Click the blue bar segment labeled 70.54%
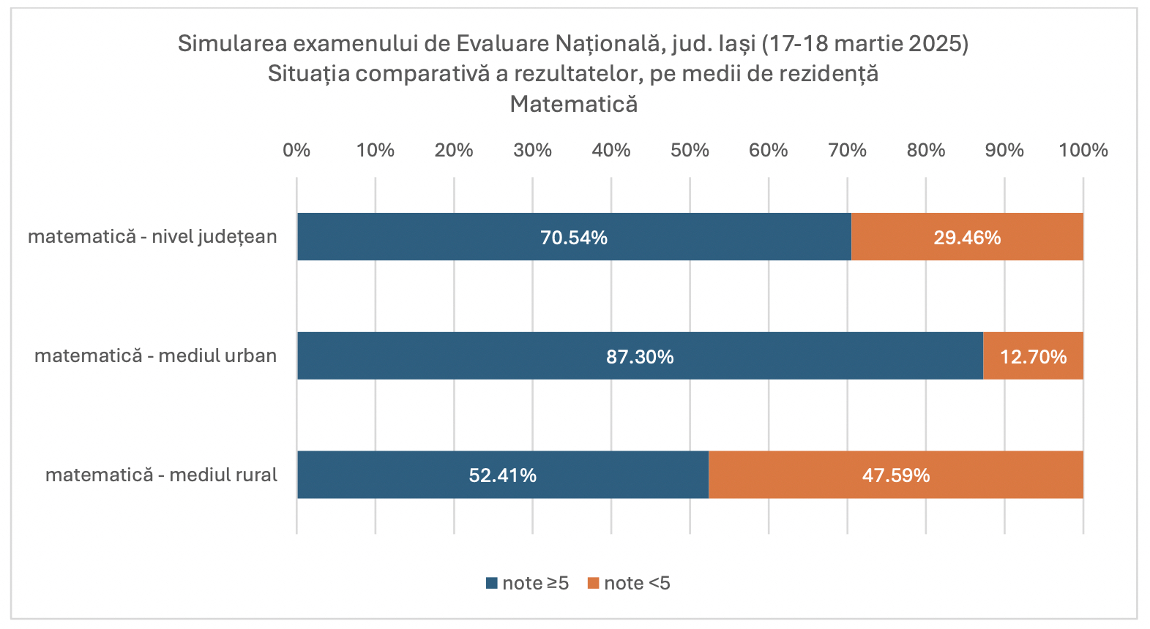click(x=574, y=237)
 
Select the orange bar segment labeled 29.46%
click(x=967, y=237)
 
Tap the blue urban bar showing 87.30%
click(x=640, y=356)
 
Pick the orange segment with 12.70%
click(x=1033, y=356)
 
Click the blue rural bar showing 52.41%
click(x=502, y=475)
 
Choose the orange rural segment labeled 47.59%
click(x=895, y=475)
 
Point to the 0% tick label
click(x=296, y=150)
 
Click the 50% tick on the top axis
click(x=690, y=150)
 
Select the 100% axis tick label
click(x=1083, y=150)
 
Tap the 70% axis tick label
click(x=847, y=150)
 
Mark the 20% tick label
click(x=454, y=150)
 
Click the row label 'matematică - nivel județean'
click(x=152, y=237)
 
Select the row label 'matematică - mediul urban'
click(x=155, y=356)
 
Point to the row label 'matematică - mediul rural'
click(x=161, y=475)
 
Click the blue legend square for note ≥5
click(x=491, y=584)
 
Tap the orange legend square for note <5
click(x=593, y=584)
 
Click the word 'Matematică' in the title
click(x=573, y=104)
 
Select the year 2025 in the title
click(x=938, y=44)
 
